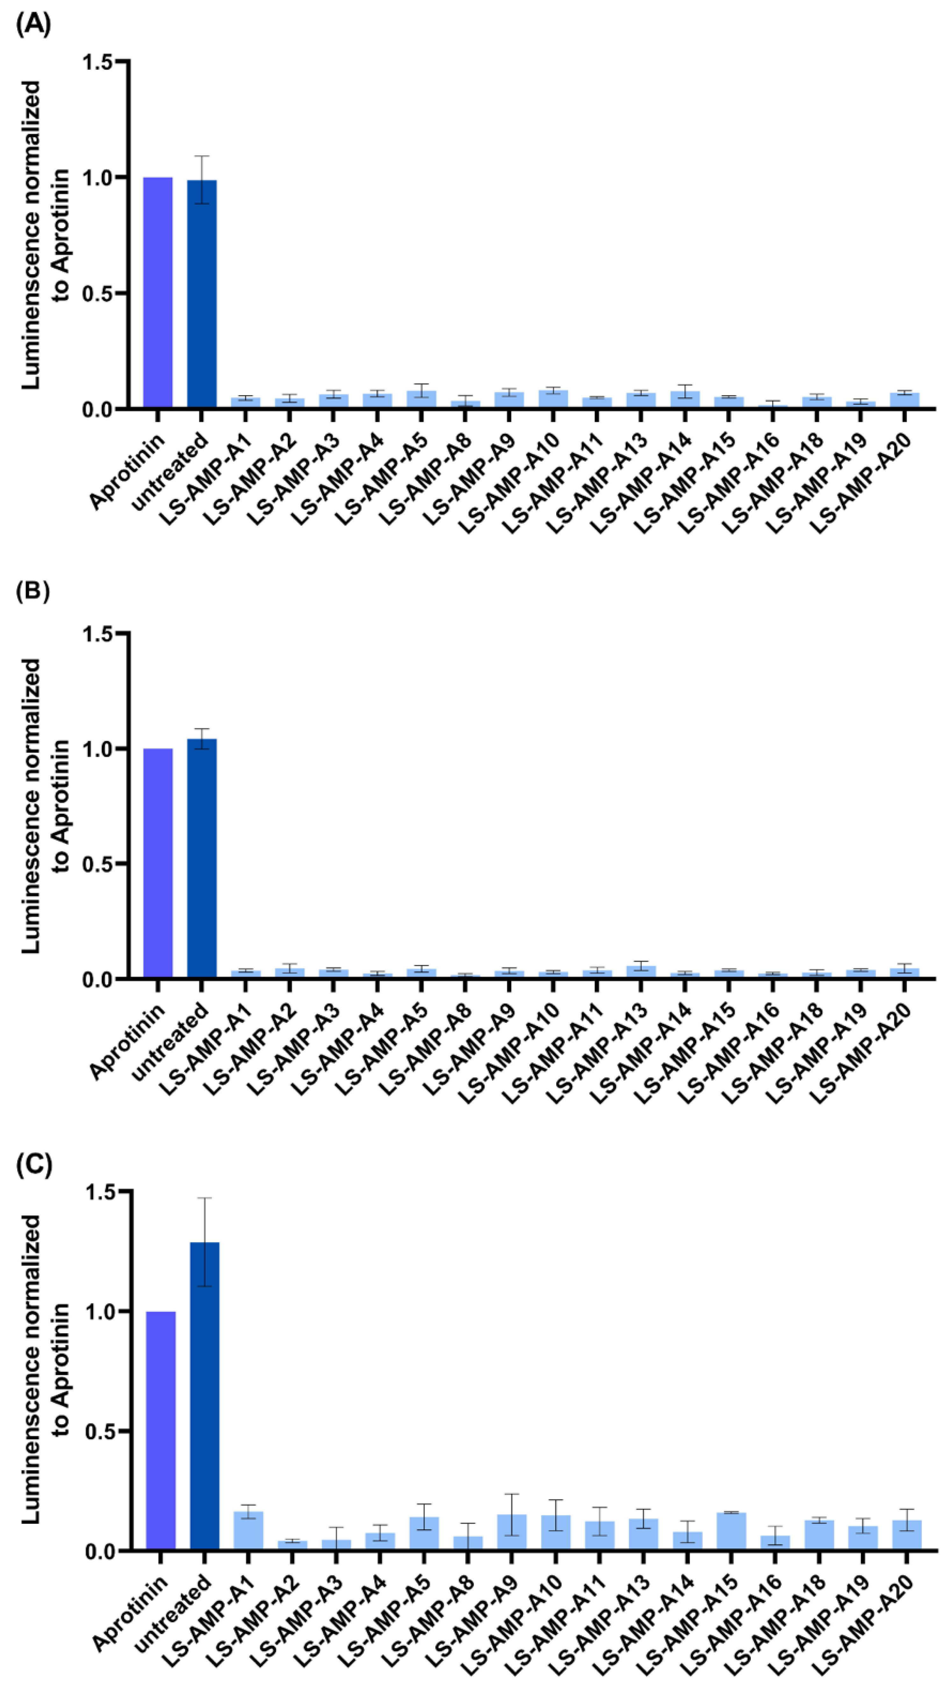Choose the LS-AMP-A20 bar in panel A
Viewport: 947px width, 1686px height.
(x=904, y=401)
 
